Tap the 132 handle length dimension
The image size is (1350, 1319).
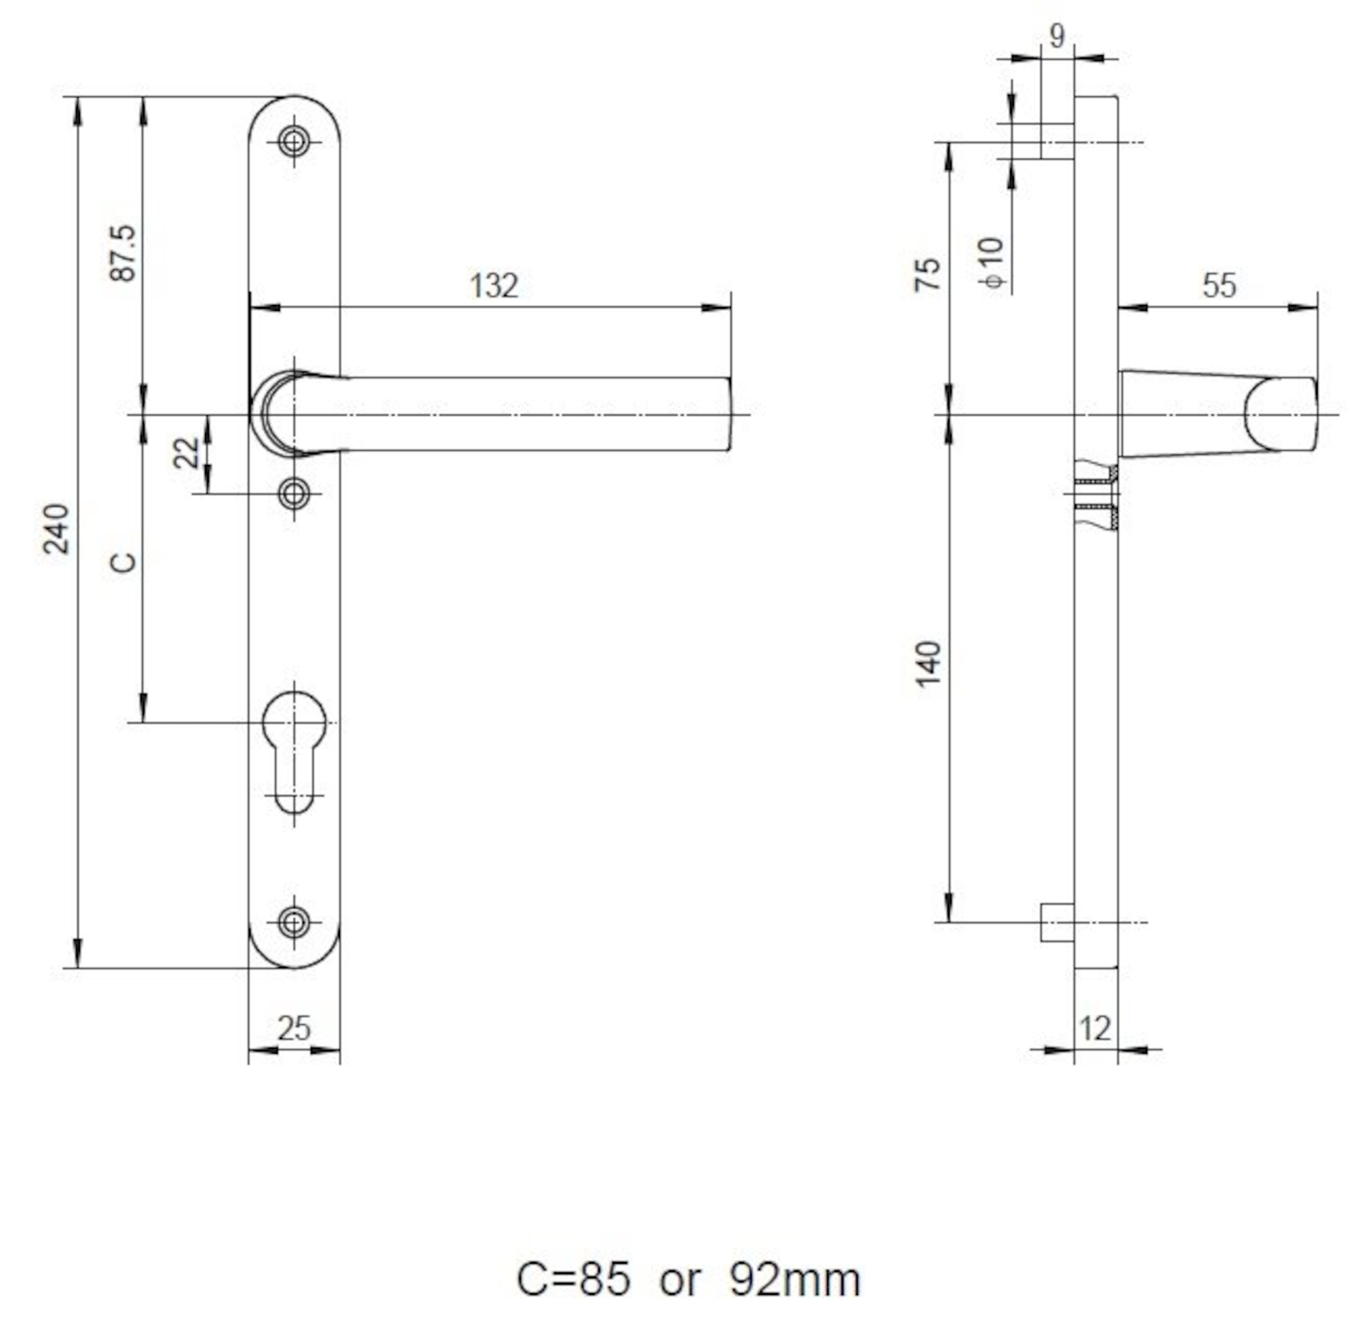[x=494, y=285]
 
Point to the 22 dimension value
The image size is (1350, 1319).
[x=186, y=453]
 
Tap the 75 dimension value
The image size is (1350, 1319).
[x=928, y=274]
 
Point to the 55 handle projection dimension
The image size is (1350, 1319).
[x=1219, y=285]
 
